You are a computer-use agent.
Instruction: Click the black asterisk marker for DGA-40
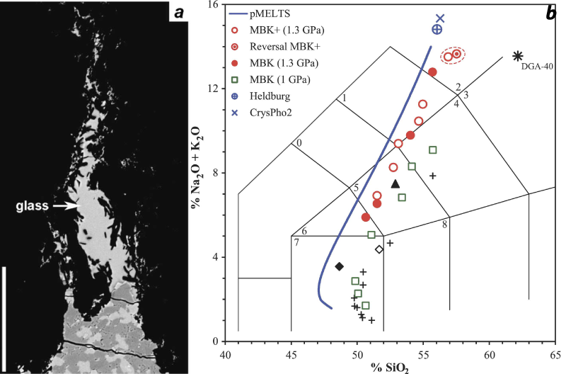(x=518, y=56)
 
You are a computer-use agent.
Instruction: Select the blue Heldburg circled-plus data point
(x=437, y=29)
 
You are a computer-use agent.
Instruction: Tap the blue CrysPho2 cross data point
(x=440, y=18)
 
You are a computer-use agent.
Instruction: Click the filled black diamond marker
(x=340, y=266)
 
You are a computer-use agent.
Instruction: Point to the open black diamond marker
(x=379, y=249)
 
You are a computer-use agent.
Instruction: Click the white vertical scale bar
(x=6, y=315)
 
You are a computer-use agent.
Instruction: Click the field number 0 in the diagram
(x=299, y=143)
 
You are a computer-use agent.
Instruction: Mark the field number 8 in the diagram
(x=445, y=225)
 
